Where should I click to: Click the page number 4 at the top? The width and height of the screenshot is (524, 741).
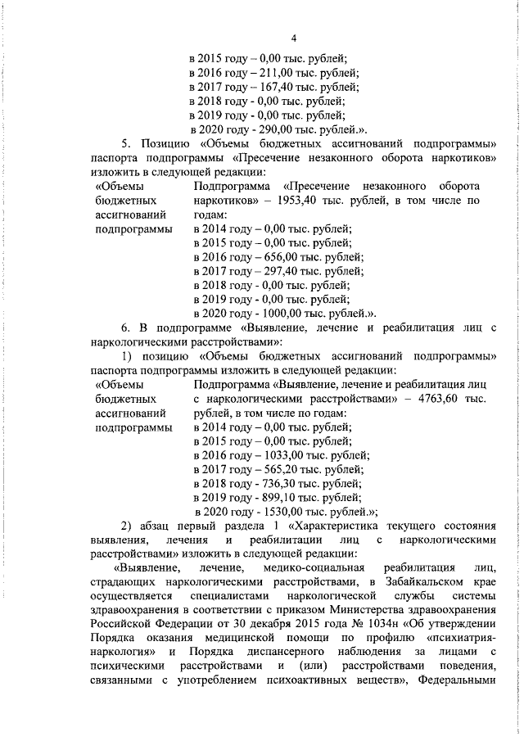pos(294,37)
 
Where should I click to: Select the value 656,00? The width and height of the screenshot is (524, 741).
pos(277,257)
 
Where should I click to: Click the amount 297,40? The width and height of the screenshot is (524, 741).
pos(277,271)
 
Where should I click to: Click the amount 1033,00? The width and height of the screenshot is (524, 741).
pos(280,455)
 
